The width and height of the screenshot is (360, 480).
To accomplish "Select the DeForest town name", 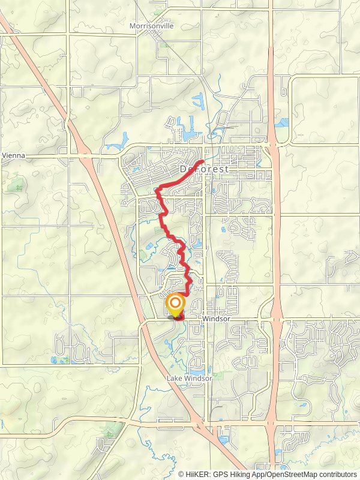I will [204, 170].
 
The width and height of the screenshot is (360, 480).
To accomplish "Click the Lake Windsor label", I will [189, 379].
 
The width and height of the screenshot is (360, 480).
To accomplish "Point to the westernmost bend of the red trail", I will [157, 191].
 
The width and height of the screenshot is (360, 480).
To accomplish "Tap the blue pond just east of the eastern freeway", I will [282, 122].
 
